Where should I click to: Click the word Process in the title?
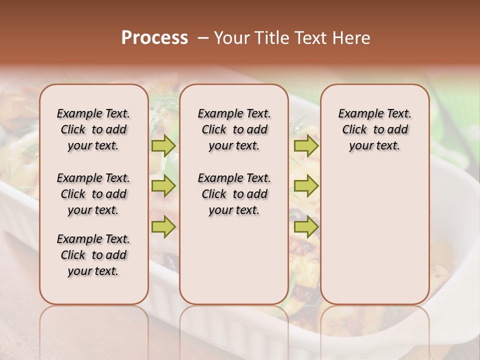click(154, 37)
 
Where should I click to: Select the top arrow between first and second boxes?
click(163, 145)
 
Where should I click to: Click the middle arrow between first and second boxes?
click(163, 186)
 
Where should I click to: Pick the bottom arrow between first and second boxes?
click(163, 226)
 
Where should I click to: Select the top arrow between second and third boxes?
click(306, 145)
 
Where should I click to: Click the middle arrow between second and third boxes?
click(306, 186)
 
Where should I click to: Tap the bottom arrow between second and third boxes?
click(306, 226)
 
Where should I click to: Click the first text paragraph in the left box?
click(93, 129)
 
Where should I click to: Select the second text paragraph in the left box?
click(93, 194)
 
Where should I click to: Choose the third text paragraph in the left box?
click(93, 255)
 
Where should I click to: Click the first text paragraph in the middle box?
click(234, 129)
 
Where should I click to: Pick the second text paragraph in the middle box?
click(234, 194)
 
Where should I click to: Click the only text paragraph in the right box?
click(374, 129)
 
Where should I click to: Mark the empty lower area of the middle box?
click(234, 260)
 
